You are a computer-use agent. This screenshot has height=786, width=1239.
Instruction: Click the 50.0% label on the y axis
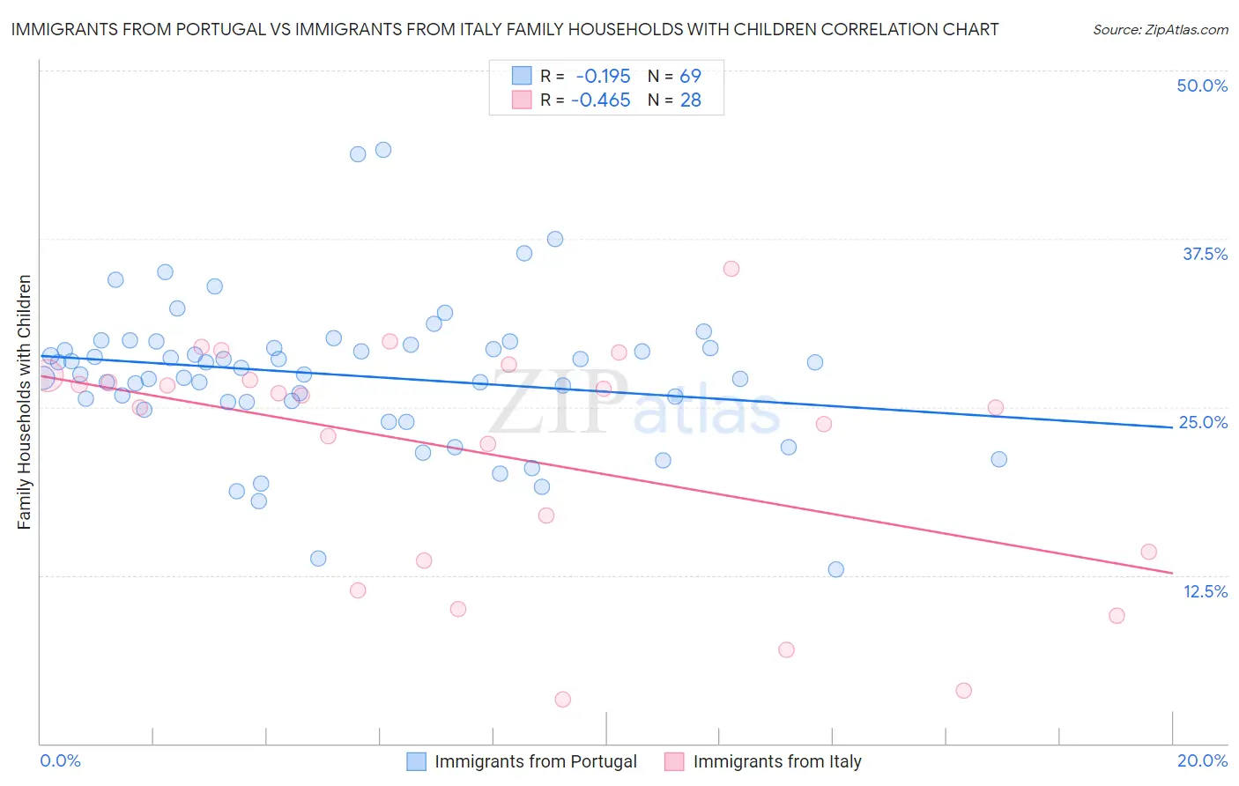pos(1202,86)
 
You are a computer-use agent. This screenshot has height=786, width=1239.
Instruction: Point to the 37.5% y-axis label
pos(1205,255)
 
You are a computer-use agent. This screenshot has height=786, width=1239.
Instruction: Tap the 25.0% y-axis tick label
pos(1203,423)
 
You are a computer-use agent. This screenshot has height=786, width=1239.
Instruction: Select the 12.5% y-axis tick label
pos(1205,591)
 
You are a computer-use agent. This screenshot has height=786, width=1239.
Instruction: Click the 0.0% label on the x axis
pos(60,761)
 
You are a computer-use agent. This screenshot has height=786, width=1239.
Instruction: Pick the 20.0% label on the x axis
pos(1202,761)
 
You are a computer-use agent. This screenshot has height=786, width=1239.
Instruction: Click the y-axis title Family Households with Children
pos(25,402)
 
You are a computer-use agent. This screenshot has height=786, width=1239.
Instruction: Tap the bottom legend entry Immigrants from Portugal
pos(535,762)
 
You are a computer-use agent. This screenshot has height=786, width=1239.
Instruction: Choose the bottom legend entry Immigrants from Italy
pos(776,762)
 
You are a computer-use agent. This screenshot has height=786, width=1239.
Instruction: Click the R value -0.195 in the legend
pos(603,77)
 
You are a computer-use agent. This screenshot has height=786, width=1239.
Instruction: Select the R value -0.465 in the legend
pos(601,100)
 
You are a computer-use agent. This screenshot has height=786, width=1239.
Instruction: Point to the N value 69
pos(690,77)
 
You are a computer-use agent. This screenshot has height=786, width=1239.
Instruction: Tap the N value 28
pos(690,100)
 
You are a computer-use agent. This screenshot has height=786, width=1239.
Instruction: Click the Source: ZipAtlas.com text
pos(1160,30)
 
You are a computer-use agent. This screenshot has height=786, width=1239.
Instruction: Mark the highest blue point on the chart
pos(383,150)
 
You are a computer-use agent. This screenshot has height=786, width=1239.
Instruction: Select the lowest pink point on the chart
pos(563,700)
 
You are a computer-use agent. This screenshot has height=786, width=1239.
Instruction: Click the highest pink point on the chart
pos(731,269)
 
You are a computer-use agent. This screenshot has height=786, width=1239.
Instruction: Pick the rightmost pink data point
pos(1148,552)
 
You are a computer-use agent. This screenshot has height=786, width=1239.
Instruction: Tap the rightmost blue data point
pos(998,459)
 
